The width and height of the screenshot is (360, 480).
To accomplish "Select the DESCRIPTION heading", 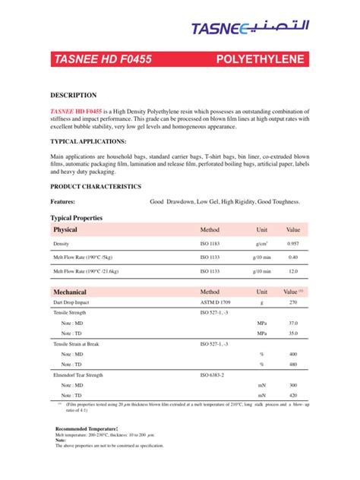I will click(73, 96).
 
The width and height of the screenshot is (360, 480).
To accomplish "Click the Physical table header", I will click(65, 229).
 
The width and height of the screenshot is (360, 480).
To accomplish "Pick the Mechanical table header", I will click(70, 292).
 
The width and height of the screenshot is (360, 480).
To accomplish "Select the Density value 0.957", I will click(293, 244).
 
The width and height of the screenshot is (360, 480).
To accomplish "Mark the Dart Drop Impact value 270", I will click(293, 302).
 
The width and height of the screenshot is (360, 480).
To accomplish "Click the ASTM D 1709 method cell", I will click(217, 302).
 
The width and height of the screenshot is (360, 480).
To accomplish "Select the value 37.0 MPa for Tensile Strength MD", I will click(293, 323).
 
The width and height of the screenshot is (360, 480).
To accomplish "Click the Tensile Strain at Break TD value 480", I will click(293, 364).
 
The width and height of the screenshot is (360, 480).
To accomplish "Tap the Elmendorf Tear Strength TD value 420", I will click(293, 395).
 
